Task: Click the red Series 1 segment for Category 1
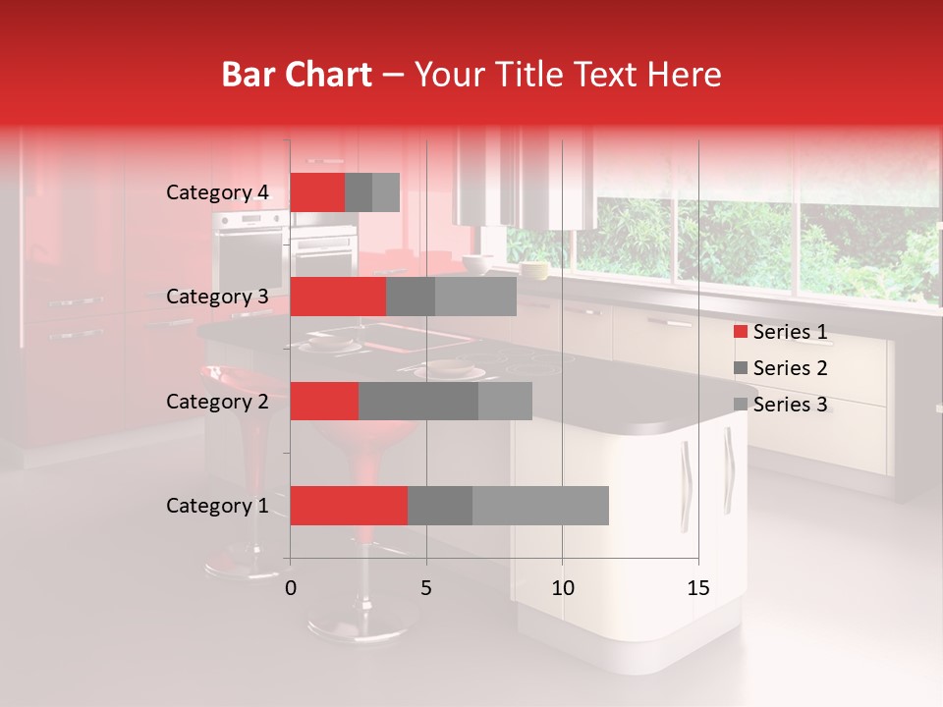coord(349,506)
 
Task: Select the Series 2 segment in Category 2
coord(418,401)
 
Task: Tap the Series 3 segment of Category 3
coord(475,297)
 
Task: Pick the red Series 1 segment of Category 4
coord(317,192)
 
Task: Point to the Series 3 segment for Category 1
coord(540,506)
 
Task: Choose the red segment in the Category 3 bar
coord(338,297)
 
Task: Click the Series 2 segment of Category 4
coord(359,192)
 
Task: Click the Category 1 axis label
coord(217,506)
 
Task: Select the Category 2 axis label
coord(217,401)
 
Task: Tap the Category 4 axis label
coord(217,192)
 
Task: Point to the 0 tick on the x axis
coord(291,588)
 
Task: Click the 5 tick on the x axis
coord(426,588)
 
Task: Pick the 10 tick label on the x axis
coord(562,588)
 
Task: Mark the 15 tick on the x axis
coord(697,588)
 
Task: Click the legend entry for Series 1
coord(780,332)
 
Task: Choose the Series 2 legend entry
coord(780,368)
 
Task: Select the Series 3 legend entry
coord(780,405)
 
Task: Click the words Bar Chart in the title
coord(297,75)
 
